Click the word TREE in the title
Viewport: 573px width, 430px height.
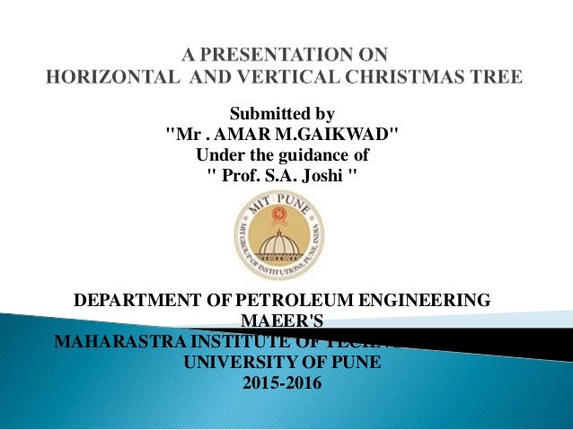point(495,77)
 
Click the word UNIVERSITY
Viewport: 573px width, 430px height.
point(234,364)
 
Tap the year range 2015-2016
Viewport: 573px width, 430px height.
point(281,384)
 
